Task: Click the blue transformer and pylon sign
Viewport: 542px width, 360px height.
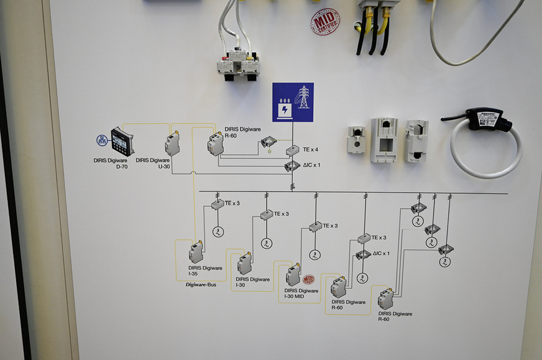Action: pos(293,102)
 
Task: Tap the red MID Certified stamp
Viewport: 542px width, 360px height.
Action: pos(325,22)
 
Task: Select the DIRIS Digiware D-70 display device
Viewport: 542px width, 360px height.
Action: pos(122,142)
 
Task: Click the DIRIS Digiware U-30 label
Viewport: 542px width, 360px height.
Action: pos(152,164)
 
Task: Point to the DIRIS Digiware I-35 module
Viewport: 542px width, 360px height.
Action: pos(196,252)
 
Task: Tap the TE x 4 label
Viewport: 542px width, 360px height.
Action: pos(311,150)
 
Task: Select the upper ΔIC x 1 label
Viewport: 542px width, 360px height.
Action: pos(311,165)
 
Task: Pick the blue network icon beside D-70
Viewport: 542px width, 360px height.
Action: pos(102,141)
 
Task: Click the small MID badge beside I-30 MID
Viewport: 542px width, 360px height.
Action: pos(308,280)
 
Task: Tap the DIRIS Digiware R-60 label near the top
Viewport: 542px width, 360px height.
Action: pos(239,132)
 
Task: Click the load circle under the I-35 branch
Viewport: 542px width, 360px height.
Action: pos(218,232)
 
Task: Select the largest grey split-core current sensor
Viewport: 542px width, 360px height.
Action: pos(384,140)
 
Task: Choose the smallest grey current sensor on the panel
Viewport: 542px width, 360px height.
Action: pos(356,139)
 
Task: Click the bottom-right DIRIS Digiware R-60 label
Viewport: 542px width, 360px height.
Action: pos(395,316)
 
